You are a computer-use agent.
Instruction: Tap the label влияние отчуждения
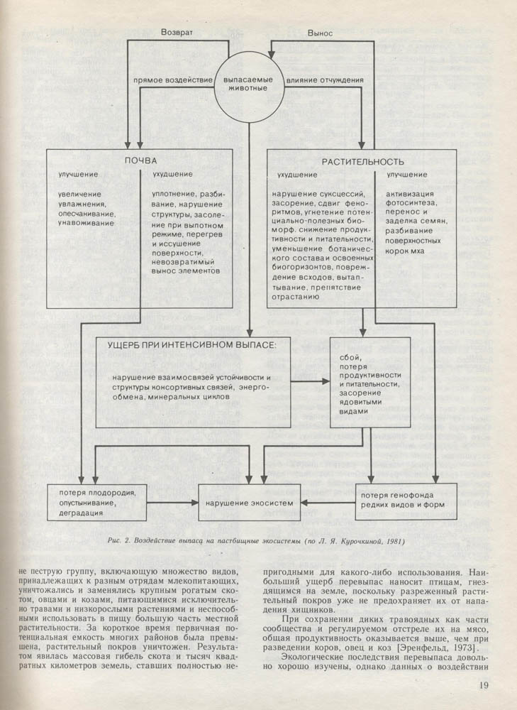pyautogui.click(x=326, y=80)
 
